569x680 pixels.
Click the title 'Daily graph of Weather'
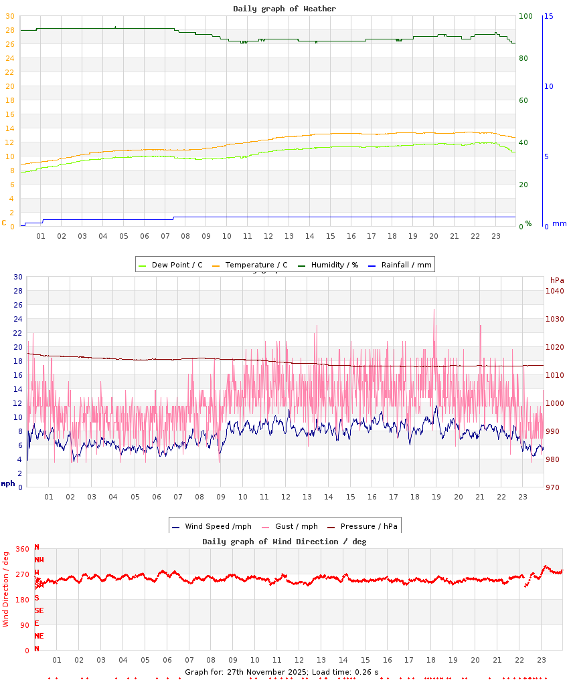click(x=284, y=9)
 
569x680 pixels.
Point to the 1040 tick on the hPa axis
click(x=556, y=291)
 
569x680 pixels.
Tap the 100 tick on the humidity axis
click(x=525, y=16)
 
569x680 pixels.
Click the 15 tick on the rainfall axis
click(x=548, y=16)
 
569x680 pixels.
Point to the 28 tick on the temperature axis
click(x=9, y=30)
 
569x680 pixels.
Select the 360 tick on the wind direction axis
click(x=22, y=549)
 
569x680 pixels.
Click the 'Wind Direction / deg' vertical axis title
click(x=6, y=588)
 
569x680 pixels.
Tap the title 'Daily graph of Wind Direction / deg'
click(x=284, y=541)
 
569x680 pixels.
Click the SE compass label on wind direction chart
click(x=39, y=610)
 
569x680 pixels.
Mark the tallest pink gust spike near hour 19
click(x=434, y=310)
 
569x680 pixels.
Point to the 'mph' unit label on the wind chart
click(x=7, y=483)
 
